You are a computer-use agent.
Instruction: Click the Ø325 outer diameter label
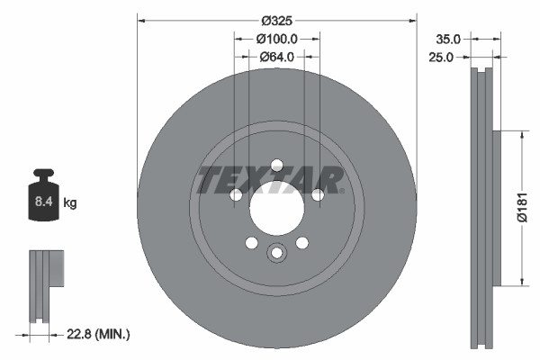tap(277, 20)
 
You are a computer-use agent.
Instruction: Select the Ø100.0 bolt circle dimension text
tap(277, 39)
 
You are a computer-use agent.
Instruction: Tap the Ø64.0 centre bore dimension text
tap(277, 57)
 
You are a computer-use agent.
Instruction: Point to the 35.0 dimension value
tap(448, 39)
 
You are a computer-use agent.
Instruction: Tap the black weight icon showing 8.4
tap(43, 191)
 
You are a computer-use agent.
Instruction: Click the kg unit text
tap(71, 203)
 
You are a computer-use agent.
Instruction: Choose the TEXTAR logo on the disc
tap(270, 179)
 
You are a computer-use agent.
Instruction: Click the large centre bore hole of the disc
tap(276, 212)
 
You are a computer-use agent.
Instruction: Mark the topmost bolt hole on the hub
tap(276, 165)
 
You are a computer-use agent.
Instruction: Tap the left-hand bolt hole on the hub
tap(236, 195)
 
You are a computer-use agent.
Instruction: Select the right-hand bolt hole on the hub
tap(317, 195)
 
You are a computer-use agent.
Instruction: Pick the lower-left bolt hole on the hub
tap(251, 243)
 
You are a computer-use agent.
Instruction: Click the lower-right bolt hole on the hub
tap(301, 243)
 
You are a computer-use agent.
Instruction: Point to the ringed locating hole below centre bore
tap(276, 253)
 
